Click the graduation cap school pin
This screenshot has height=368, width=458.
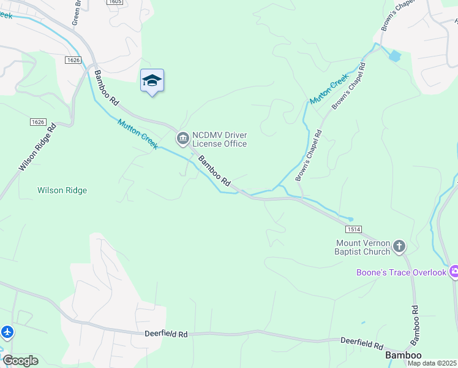pos(152,81)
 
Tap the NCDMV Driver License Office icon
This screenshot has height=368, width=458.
pos(182,139)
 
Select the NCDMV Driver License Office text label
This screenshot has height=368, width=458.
pos(219,139)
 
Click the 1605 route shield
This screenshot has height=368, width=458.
pos(114,2)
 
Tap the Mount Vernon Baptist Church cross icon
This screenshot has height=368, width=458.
pos(399,247)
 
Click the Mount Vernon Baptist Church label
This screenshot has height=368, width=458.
pos(362,247)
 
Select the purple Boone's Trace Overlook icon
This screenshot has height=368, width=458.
pos(454,271)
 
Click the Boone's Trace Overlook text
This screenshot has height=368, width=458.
pos(402,272)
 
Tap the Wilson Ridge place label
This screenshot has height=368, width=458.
pos(62,191)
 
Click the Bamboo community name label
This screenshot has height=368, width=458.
pos(403,355)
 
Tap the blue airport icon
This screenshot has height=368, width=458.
pos(7,332)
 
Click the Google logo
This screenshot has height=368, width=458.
pos(20,361)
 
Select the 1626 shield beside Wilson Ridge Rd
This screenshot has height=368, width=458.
pos(37,122)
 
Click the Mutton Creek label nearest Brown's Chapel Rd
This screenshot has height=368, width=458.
pos(329,89)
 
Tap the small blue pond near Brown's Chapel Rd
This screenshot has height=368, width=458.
pos(395,56)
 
